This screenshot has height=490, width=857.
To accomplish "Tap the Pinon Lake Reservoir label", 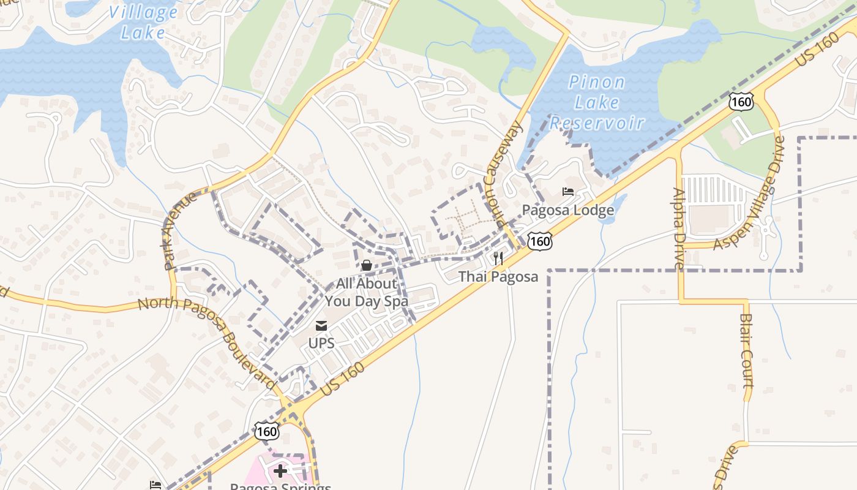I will pyautogui.click(x=597, y=102).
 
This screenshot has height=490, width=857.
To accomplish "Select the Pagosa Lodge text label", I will pyautogui.click(x=567, y=210).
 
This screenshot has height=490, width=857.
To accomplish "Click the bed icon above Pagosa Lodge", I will pyautogui.click(x=568, y=192).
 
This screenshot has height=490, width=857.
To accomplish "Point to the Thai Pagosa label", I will pyautogui.click(x=498, y=276).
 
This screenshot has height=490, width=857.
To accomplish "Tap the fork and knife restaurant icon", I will pyautogui.click(x=498, y=258).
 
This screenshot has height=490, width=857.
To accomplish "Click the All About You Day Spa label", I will pyautogui.click(x=366, y=292).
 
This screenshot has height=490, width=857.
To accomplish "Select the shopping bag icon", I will pyautogui.click(x=366, y=265).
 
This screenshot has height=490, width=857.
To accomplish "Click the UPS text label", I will pyautogui.click(x=321, y=343).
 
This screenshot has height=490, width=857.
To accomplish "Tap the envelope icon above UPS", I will pyautogui.click(x=321, y=326).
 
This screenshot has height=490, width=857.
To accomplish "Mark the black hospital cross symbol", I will pyautogui.click(x=280, y=470).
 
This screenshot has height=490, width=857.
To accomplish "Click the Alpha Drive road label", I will pyautogui.click(x=679, y=228).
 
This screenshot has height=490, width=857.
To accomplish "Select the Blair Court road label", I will pyautogui.click(x=746, y=350).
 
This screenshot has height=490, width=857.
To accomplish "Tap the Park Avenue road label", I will pyautogui.click(x=181, y=230).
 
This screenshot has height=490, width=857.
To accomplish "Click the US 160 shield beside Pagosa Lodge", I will pyautogui.click(x=541, y=241).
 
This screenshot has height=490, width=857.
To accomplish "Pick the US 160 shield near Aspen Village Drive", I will pyautogui.click(x=741, y=102).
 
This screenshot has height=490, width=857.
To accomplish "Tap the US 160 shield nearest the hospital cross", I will pyautogui.click(x=268, y=431).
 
